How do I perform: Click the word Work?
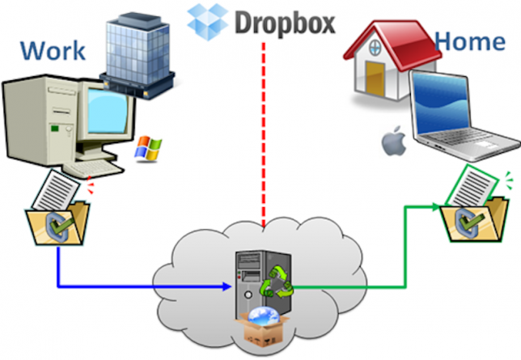[53, 50]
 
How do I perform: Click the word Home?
[470, 41]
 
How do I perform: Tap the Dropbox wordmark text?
[285, 22]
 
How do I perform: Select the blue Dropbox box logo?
[208, 22]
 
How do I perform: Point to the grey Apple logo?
[395, 141]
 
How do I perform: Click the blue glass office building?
[138, 55]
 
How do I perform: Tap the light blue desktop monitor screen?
[108, 111]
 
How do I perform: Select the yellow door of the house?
[375, 78]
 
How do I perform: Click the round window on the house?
[375, 47]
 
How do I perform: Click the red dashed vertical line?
[264, 134]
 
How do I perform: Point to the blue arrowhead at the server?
[227, 286]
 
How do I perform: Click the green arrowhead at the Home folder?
[436, 207]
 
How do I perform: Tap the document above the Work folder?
[57, 190]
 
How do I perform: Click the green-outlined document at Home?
[472, 185]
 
